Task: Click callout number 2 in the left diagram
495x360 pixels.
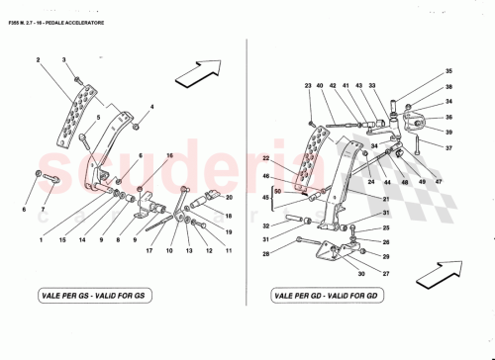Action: (x=39, y=62)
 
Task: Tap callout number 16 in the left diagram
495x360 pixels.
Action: (x=169, y=156)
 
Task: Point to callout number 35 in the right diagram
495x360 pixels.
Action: (x=447, y=71)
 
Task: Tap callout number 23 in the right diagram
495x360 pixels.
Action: (x=308, y=86)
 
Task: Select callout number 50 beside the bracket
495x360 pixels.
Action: (x=277, y=189)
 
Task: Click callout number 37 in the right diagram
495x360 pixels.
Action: (x=447, y=148)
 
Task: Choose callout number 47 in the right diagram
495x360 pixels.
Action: (x=440, y=184)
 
